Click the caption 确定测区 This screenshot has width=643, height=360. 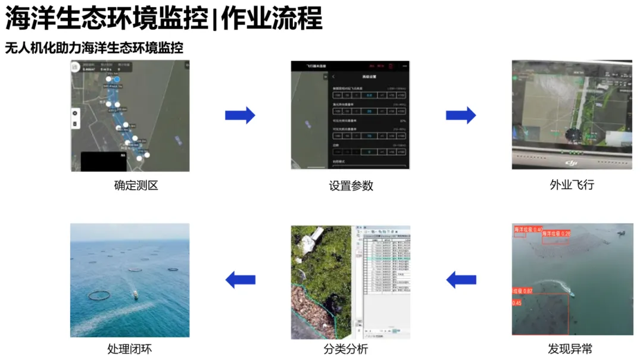tap(136, 185)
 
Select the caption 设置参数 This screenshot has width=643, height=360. tap(351, 185)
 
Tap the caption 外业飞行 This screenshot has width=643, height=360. tap(572, 184)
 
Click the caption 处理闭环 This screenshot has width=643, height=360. tap(129, 349)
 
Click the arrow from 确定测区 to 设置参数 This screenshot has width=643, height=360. tap(240, 115)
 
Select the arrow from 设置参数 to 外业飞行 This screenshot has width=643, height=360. tap(461, 115)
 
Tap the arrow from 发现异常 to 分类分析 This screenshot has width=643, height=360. tap(461, 279)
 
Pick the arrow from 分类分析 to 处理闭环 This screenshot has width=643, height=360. tap(241, 279)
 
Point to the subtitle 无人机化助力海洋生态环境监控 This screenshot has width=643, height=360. tap(94, 48)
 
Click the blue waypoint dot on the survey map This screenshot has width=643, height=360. tap(117, 79)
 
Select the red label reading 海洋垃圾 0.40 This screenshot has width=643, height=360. tap(527, 229)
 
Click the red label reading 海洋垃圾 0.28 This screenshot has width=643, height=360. tap(556, 234)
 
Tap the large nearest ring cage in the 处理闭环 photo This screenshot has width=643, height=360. tap(99, 295)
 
